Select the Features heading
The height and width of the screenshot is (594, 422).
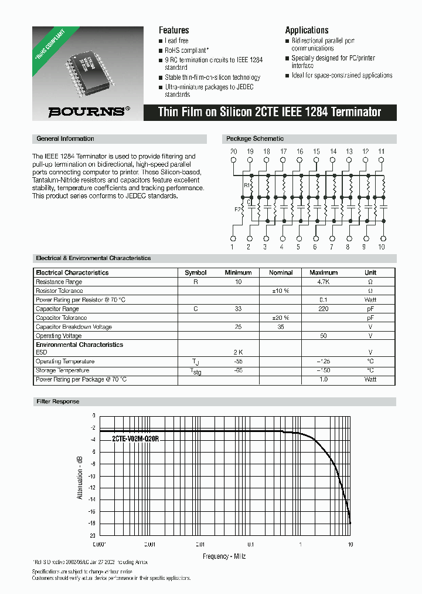coord(174,30)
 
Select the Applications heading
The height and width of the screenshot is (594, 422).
coord(307,30)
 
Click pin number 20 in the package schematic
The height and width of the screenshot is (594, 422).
coord(233,151)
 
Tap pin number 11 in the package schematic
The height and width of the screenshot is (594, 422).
coord(382,151)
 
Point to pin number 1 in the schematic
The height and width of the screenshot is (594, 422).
coord(232,247)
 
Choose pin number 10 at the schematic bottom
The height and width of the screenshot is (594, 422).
coord(382,247)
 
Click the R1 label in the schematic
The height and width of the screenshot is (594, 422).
coord(247,185)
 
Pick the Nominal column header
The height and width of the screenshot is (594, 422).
coord(281,272)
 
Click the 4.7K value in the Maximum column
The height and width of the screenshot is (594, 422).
coord(324,282)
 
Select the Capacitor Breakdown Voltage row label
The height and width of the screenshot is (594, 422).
coord(74,327)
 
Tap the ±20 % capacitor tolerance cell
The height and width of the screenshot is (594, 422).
coord(281,318)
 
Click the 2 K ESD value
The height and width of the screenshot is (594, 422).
coord(238,352)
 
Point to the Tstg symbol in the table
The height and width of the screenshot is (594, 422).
coord(195,372)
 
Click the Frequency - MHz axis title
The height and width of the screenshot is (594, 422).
coord(224,556)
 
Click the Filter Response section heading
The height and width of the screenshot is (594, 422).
coord(58,401)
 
